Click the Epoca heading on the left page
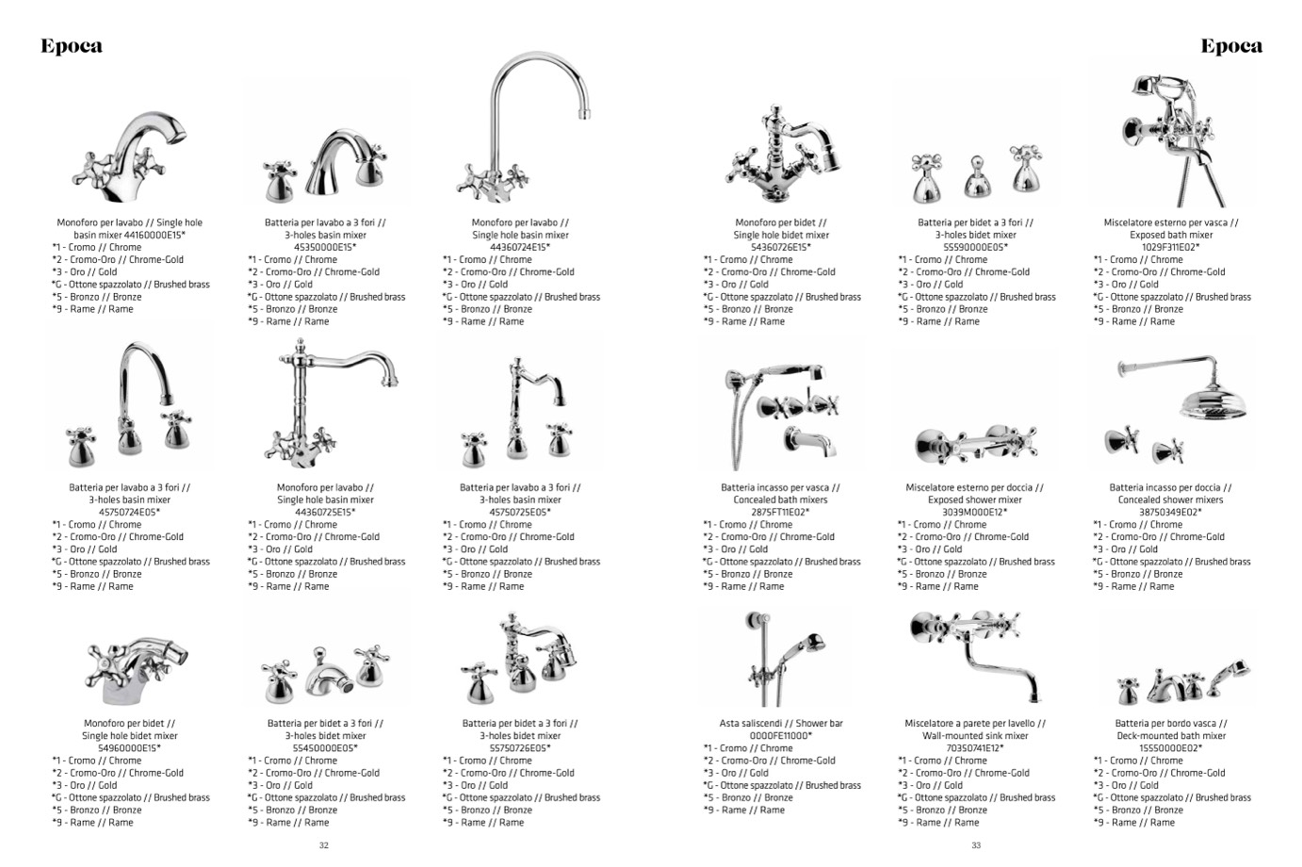(72, 46)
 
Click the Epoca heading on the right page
(1231, 46)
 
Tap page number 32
(324, 845)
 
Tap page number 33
(976, 845)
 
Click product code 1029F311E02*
(1171, 247)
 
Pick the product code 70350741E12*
(975, 748)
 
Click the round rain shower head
(1213, 401)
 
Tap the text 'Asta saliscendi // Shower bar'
(781, 724)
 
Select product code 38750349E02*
(1171, 513)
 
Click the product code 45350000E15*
(325, 247)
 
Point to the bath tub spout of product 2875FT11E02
(809, 441)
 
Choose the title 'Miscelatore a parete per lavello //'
(975, 724)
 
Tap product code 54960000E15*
(130, 748)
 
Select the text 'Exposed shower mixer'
(975, 500)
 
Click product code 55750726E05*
(520, 748)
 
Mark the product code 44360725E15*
(325, 513)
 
